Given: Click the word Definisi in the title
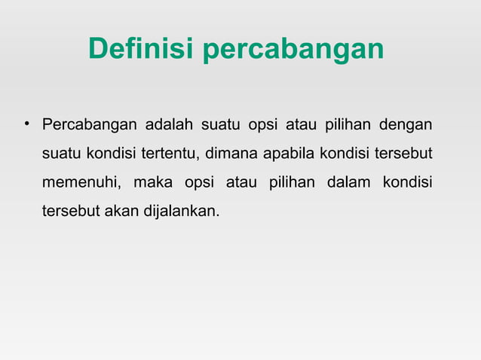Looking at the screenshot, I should coord(141,49).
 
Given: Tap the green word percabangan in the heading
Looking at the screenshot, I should coord(293,50).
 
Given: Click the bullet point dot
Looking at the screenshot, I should coord(26,122).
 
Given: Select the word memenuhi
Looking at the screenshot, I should coord(81,183).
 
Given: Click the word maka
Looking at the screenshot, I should coord(153,183).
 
